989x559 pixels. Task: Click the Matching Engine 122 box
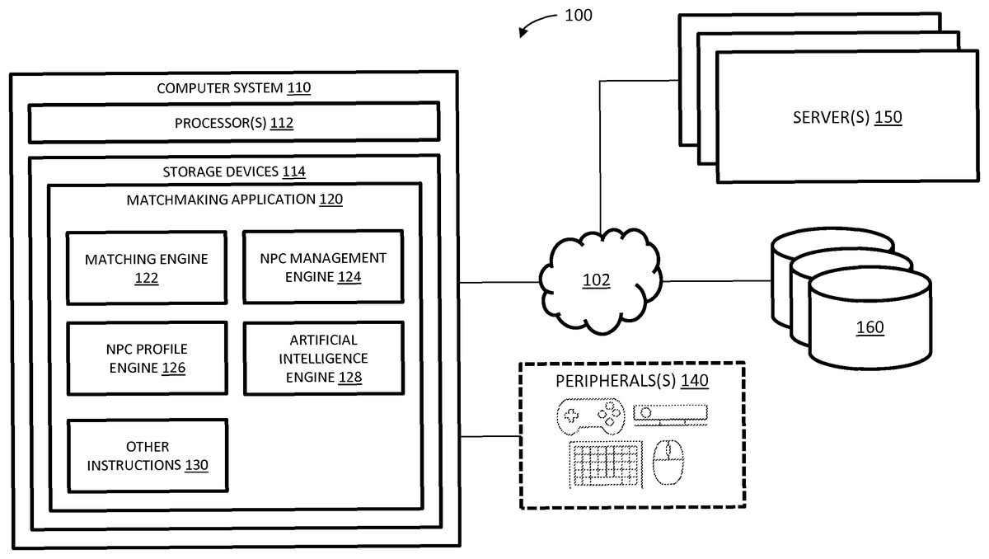click(x=147, y=268)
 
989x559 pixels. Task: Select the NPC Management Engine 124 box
click(x=323, y=267)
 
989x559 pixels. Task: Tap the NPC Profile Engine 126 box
click(x=147, y=358)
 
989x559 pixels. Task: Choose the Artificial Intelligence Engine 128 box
click(x=323, y=358)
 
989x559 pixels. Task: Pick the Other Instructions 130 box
click(x=147, y=455)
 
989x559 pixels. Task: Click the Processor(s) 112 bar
click(x=234, y=124)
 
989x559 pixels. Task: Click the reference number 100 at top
click(x=578, y=15)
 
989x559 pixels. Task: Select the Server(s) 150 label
click(x=847, y=117)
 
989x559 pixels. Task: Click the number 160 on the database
click(x=869, y=328)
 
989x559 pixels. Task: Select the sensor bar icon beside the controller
click(x=670, y=413)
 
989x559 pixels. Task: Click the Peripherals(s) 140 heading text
click(x=632, y=381)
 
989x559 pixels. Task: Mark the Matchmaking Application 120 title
click(x=234, y=200)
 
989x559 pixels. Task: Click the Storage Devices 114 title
click(x=234, y=171)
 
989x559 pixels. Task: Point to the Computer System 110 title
click(x=234, y=87)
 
